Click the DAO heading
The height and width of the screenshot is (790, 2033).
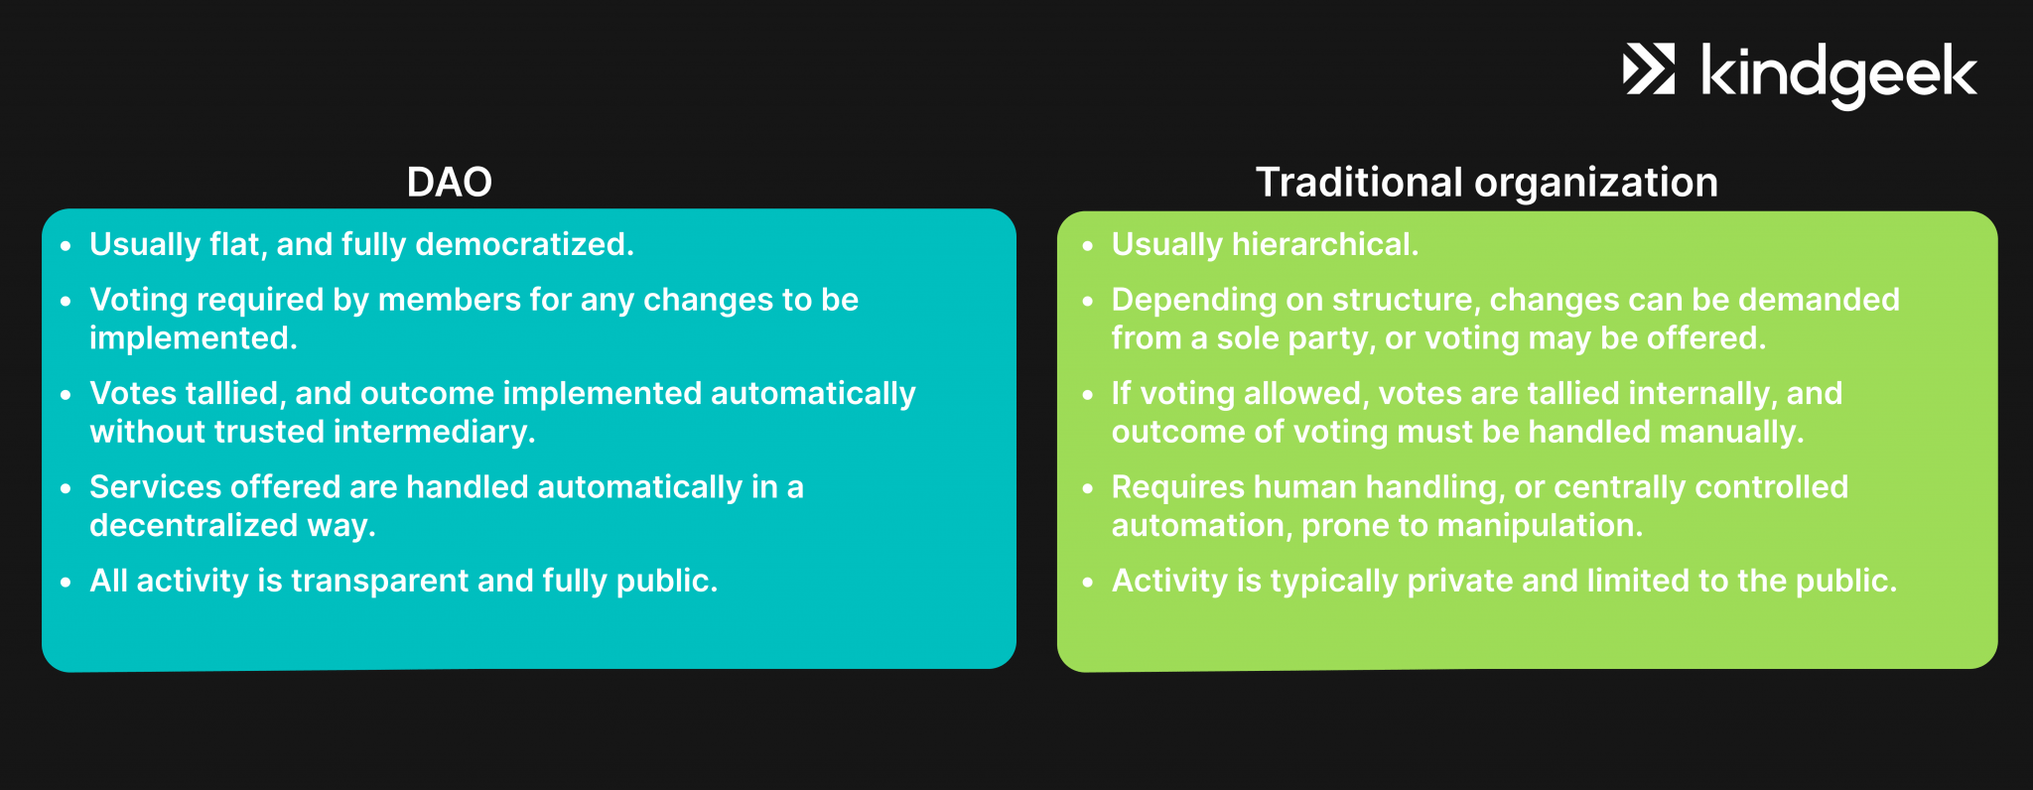tap(449, 183)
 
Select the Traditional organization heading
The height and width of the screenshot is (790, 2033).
tap(1486, 183)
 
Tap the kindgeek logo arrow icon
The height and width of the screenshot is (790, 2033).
tap(1649, 69)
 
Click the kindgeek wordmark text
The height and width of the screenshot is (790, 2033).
tap(1838, 75)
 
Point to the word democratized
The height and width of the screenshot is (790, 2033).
tap(524, 244)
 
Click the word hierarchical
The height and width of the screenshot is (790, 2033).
tap(1325, 244)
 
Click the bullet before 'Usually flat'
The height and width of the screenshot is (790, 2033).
tap(67, 245)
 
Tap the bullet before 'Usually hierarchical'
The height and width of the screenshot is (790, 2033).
tap(1088, 245)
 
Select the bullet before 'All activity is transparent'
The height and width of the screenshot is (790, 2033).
tap(67, 582)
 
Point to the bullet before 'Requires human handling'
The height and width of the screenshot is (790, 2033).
tap(1088, 488)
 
